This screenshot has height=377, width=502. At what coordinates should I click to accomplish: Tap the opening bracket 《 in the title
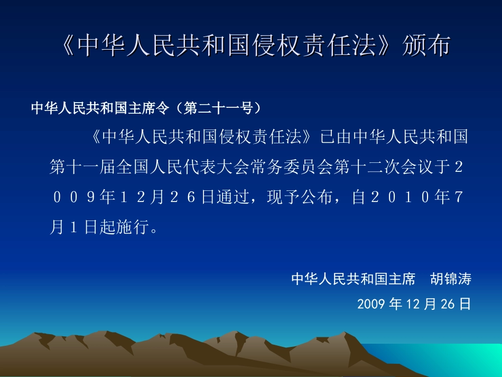(67, 46)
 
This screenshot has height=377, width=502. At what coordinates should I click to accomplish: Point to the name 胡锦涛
(450, 279)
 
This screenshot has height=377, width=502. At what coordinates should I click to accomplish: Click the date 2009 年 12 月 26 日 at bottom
(414, 304)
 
